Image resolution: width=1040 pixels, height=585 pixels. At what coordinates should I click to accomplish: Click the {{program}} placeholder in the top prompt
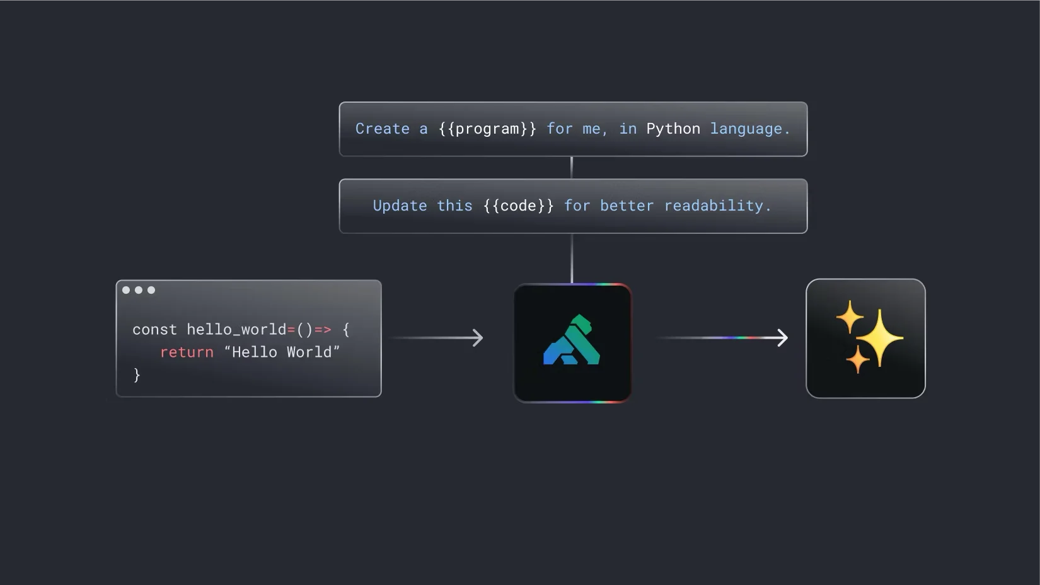click(x=487, y=129)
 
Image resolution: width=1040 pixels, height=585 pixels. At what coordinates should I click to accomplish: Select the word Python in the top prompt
click(x=673, y=129)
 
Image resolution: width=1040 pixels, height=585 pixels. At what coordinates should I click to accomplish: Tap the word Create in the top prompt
click(x=382, y=129)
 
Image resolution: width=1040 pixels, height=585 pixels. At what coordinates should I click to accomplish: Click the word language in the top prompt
click(x=746, y=129)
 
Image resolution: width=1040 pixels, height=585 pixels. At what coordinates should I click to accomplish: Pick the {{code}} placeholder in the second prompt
click(x=518, y=206)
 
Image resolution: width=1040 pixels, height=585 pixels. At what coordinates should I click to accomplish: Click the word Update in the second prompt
click(x=400, y=206)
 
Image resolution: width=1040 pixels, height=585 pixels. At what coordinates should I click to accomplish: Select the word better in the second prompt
click(x=627, y=206)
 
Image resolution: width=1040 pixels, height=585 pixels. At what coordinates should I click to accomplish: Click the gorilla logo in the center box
click(x=572, y=341)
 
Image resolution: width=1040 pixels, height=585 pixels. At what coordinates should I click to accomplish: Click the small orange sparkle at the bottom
click(x=857, y=359)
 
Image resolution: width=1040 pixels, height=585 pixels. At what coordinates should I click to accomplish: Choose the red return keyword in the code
click(x=187, y=352)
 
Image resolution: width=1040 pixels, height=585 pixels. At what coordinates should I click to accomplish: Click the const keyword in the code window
click(x=154, y=330)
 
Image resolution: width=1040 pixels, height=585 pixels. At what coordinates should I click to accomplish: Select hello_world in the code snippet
click(x=236, y=330)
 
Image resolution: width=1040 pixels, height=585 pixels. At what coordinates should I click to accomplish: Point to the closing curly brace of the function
click(x=137, y=375)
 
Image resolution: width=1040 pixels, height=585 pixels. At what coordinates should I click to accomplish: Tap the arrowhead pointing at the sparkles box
click(x=783, y=338)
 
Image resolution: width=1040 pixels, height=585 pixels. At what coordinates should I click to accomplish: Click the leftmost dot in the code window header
click(x=126, y=290)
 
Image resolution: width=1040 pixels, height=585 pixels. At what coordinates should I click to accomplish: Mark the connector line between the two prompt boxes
click(x=572, y=168)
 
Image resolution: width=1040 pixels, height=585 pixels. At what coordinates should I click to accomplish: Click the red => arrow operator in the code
click(x=323, y=330)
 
